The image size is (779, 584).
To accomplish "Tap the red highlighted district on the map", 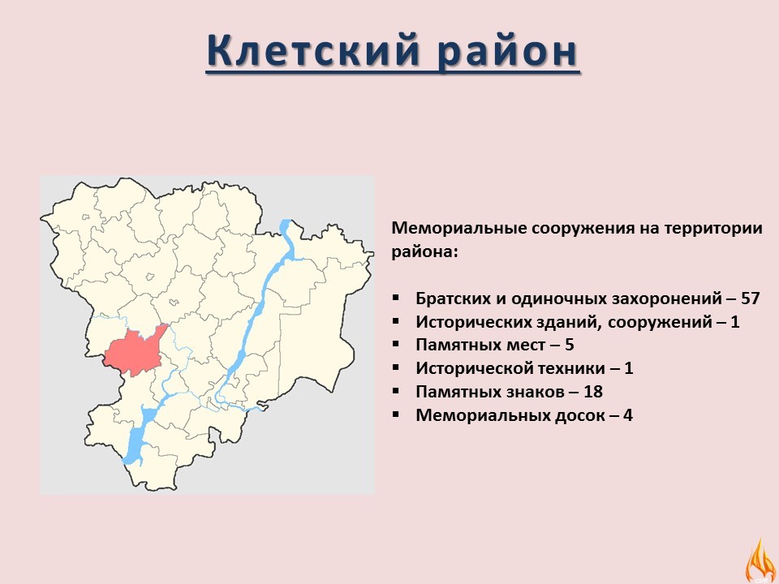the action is (x=134, y=350).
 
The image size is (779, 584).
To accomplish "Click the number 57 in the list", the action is (x=750, y=298).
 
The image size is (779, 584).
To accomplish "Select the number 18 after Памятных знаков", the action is (x=592, y=391).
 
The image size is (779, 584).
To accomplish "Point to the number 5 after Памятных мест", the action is (x=570, y=345).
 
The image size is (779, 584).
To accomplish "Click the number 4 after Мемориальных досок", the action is (x=628, y=414).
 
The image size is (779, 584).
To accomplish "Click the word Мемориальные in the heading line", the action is (x=458, y=229).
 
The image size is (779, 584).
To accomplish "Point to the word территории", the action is (x=713, y=229).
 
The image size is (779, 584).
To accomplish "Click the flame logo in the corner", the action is (x=760, y=561).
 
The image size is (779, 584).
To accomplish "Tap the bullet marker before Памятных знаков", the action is (x=395, y=391).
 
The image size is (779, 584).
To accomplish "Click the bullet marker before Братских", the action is (x=395, y=298).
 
